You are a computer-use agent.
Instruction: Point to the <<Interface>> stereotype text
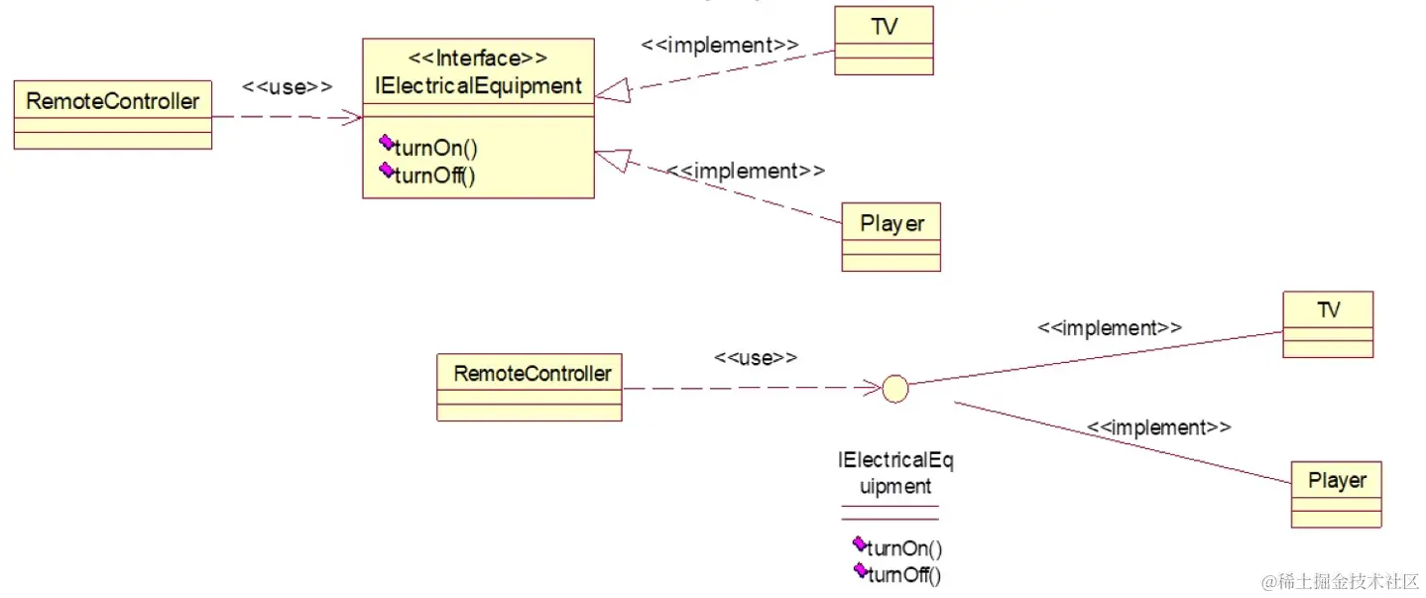pos(478,59)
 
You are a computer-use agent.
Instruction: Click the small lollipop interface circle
pos(894,389)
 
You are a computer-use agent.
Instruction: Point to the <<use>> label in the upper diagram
pos(287,87)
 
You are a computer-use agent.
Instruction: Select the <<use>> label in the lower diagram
pos(755,358)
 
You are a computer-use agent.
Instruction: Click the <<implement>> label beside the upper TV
pos(719,45)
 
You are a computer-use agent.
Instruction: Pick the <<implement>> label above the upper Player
pos(745,171)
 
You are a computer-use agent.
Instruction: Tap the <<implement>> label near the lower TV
pos(1109,327)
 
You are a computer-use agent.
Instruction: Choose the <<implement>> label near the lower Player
pos(1158,427)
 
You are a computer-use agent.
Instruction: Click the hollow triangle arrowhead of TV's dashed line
pos(613,92)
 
